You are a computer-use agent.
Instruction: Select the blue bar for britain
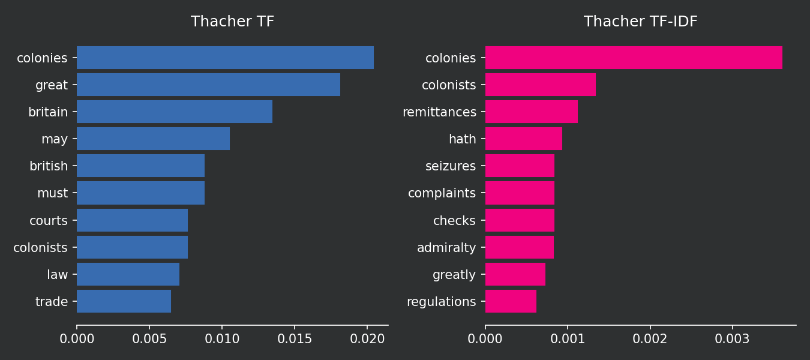(x=174, y=112)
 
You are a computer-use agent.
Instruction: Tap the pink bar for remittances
(x=531, y=112)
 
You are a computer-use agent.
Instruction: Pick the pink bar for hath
(x=523, y=139)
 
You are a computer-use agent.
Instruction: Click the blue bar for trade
(x=124, y=301)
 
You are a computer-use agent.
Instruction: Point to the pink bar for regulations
(x=511, y=301)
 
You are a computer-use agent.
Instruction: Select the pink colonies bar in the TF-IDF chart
(x=633, y=58)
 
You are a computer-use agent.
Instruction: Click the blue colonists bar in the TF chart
(x=132, y=247)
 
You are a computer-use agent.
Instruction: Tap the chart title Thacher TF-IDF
(x=640, y=22)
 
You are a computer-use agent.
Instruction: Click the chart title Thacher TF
(x=232, y=22)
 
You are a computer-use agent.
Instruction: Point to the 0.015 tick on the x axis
(x=295, y=339)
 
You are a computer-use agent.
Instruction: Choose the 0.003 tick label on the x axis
(x=732, y=339)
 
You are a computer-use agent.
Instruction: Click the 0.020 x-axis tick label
(x=367, y=339)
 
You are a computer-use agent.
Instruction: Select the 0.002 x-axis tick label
(x=650, y=339)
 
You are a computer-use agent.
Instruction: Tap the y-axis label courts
(x=49, y=221)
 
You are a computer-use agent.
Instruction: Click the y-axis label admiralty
(x=446, y=247)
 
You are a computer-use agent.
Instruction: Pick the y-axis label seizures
(x=451, y=166)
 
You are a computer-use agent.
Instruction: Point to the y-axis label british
(x=49, y=166)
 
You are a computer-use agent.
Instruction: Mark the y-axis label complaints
(x=442, y=193)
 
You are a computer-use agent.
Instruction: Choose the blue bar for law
(x=128, y=274)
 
